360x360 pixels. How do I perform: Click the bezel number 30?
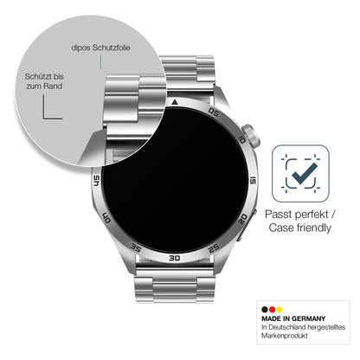point(175,258)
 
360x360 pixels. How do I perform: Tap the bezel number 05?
point(214,112)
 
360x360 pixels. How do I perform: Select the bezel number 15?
point(253,181)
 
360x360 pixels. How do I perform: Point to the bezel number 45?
point(97,181)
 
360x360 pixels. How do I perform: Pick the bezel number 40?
point(106,218)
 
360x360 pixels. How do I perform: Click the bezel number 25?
point(214,248)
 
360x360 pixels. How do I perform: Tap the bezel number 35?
point(136,247)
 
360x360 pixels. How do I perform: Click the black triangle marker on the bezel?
point(174,102)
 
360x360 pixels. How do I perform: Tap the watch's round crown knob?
point(251,136)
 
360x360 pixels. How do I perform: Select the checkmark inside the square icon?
point(305,174)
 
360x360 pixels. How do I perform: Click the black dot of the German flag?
point(265,310)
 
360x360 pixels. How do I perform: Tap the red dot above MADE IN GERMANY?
point(272,310)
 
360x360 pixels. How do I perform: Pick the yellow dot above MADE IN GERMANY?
point(280,310)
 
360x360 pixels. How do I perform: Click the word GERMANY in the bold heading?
point(308,318)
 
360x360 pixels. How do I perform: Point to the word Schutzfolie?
point(111,48)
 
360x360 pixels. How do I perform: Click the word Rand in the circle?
point(53,86)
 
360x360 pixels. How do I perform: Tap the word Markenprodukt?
point(285,336)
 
